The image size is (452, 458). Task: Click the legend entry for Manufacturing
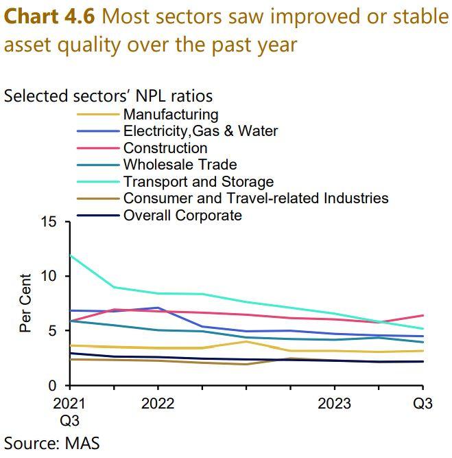(170, 115)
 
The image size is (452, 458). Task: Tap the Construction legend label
(165, 148)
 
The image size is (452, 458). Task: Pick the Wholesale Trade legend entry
(180, 165)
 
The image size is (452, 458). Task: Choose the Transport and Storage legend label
(198, 182)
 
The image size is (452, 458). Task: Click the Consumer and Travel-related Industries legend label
(255, 198)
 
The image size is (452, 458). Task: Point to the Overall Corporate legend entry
(182, 216)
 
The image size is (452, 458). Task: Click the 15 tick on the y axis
(49, 222)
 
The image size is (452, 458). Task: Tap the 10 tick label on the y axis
(49, 277)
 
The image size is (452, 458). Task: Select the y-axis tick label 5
(53, 331)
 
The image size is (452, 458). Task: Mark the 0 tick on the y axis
(53, 386)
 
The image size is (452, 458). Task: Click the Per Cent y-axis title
(25, 304)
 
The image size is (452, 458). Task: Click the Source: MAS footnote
(52, 442)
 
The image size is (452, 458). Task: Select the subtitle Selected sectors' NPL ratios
(108, 95)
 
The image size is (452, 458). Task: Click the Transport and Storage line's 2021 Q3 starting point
(71, 255)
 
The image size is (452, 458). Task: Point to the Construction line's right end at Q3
(423, 315)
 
